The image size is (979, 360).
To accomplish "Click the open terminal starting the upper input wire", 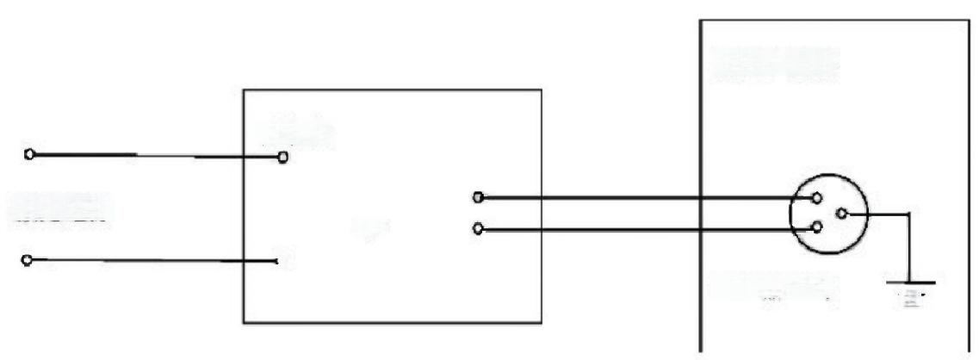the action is pos(30,155).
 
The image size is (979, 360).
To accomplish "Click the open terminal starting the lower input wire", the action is pos(29,259).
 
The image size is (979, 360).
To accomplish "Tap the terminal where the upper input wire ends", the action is pos(282,158).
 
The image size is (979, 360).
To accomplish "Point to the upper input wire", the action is pos(155,156).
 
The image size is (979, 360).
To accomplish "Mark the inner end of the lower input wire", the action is pos(276,261).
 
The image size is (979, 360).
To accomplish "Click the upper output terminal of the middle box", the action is pos(478,198).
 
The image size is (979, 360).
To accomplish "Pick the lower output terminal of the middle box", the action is pos(478,230).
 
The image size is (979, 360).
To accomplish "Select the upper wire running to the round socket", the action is pos(646,198).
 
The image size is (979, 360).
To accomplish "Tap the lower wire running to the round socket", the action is pos(646,230).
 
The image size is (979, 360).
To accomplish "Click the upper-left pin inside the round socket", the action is pos(815,197).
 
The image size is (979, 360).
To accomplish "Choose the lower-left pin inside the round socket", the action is pos(815,228).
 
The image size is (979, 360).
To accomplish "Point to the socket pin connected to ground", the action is pos(843,213).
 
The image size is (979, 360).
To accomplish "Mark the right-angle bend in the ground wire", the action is pos(908,214).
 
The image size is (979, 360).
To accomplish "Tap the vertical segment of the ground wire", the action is pos(908,250).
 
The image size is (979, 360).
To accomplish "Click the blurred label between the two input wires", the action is pos(60,209).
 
